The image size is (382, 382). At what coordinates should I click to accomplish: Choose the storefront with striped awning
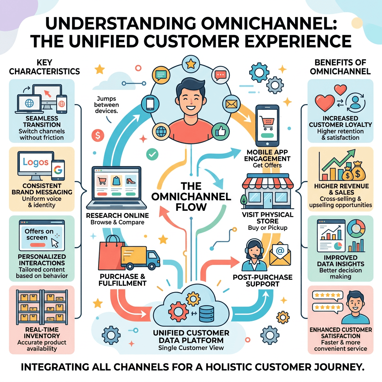pos(267,191)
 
